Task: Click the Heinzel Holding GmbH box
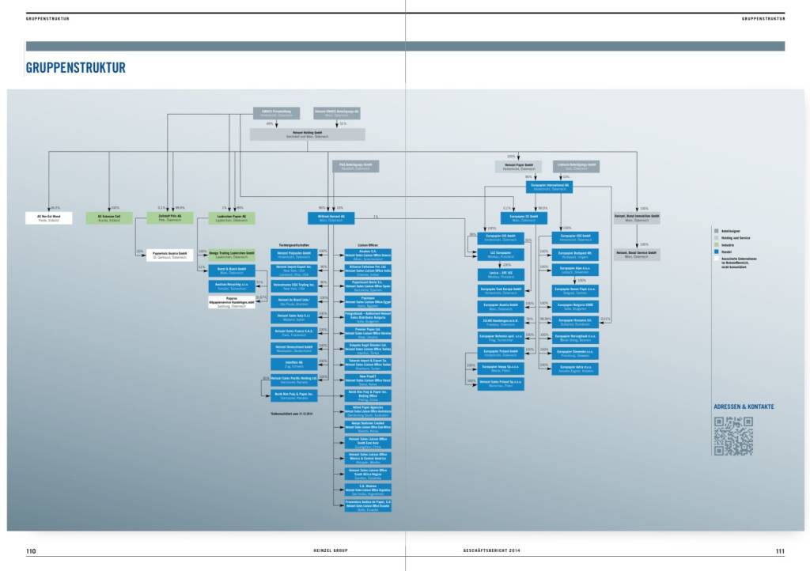[297, 134]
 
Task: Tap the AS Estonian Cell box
[109, 217]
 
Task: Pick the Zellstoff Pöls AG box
[169, 217]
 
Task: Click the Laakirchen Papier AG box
[232, 217]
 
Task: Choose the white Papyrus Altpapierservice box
[229, 303]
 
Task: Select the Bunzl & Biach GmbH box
[229, 270]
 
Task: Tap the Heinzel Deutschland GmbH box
[294, 347]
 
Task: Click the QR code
[733, 436]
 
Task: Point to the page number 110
[31, 551]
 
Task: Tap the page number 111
[780, 551]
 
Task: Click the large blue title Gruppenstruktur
[75, 68]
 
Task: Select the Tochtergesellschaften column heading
[294, 244]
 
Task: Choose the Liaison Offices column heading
[368, 244]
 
